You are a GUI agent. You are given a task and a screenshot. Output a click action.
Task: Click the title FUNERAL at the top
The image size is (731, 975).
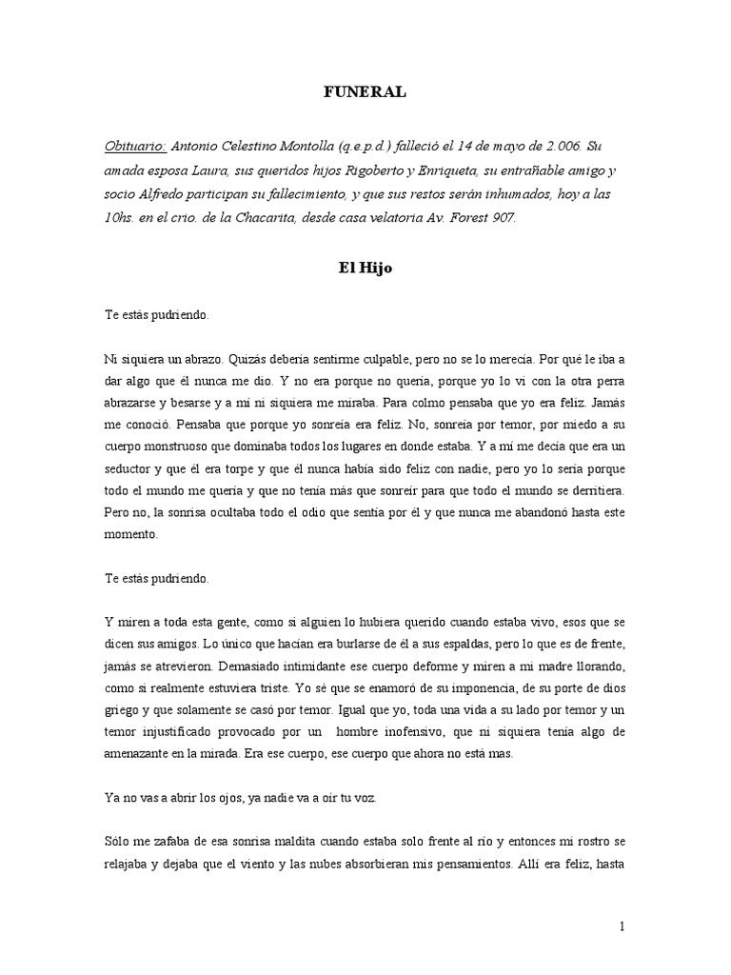pos(365,92)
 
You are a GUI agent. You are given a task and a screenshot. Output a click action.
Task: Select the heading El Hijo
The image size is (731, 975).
pos(365,269)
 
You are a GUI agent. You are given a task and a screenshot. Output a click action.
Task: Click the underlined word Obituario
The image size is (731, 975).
pos(135,147)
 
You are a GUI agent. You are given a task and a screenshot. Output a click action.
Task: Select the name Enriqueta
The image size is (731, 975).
pos(470,171)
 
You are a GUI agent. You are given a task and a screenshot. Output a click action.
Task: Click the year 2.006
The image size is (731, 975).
pos(552,147)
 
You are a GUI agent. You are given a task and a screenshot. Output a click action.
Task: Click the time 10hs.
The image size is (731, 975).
pos(122,219)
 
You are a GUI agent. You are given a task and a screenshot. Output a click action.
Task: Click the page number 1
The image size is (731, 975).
pos(622,926)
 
